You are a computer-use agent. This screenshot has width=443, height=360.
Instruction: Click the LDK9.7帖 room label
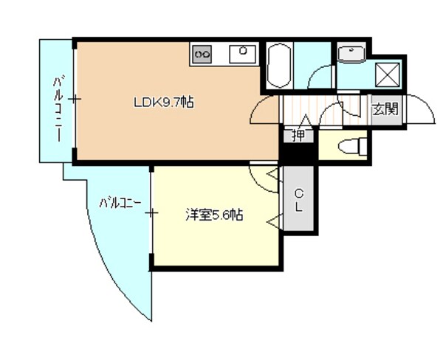pos(163,103)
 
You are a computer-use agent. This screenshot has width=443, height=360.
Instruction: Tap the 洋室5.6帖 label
pos(214,215)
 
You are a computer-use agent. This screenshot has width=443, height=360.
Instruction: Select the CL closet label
pos(299,200)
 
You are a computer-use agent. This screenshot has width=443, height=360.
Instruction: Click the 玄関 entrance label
pos(384,109)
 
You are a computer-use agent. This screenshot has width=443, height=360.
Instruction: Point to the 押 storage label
pos(298,135)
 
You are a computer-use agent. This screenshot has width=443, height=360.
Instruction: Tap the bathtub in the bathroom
pos(279,66)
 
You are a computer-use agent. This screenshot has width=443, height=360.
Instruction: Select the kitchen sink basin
pos(243,53)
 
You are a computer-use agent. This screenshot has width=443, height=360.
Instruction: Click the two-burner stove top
pos(202,54)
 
